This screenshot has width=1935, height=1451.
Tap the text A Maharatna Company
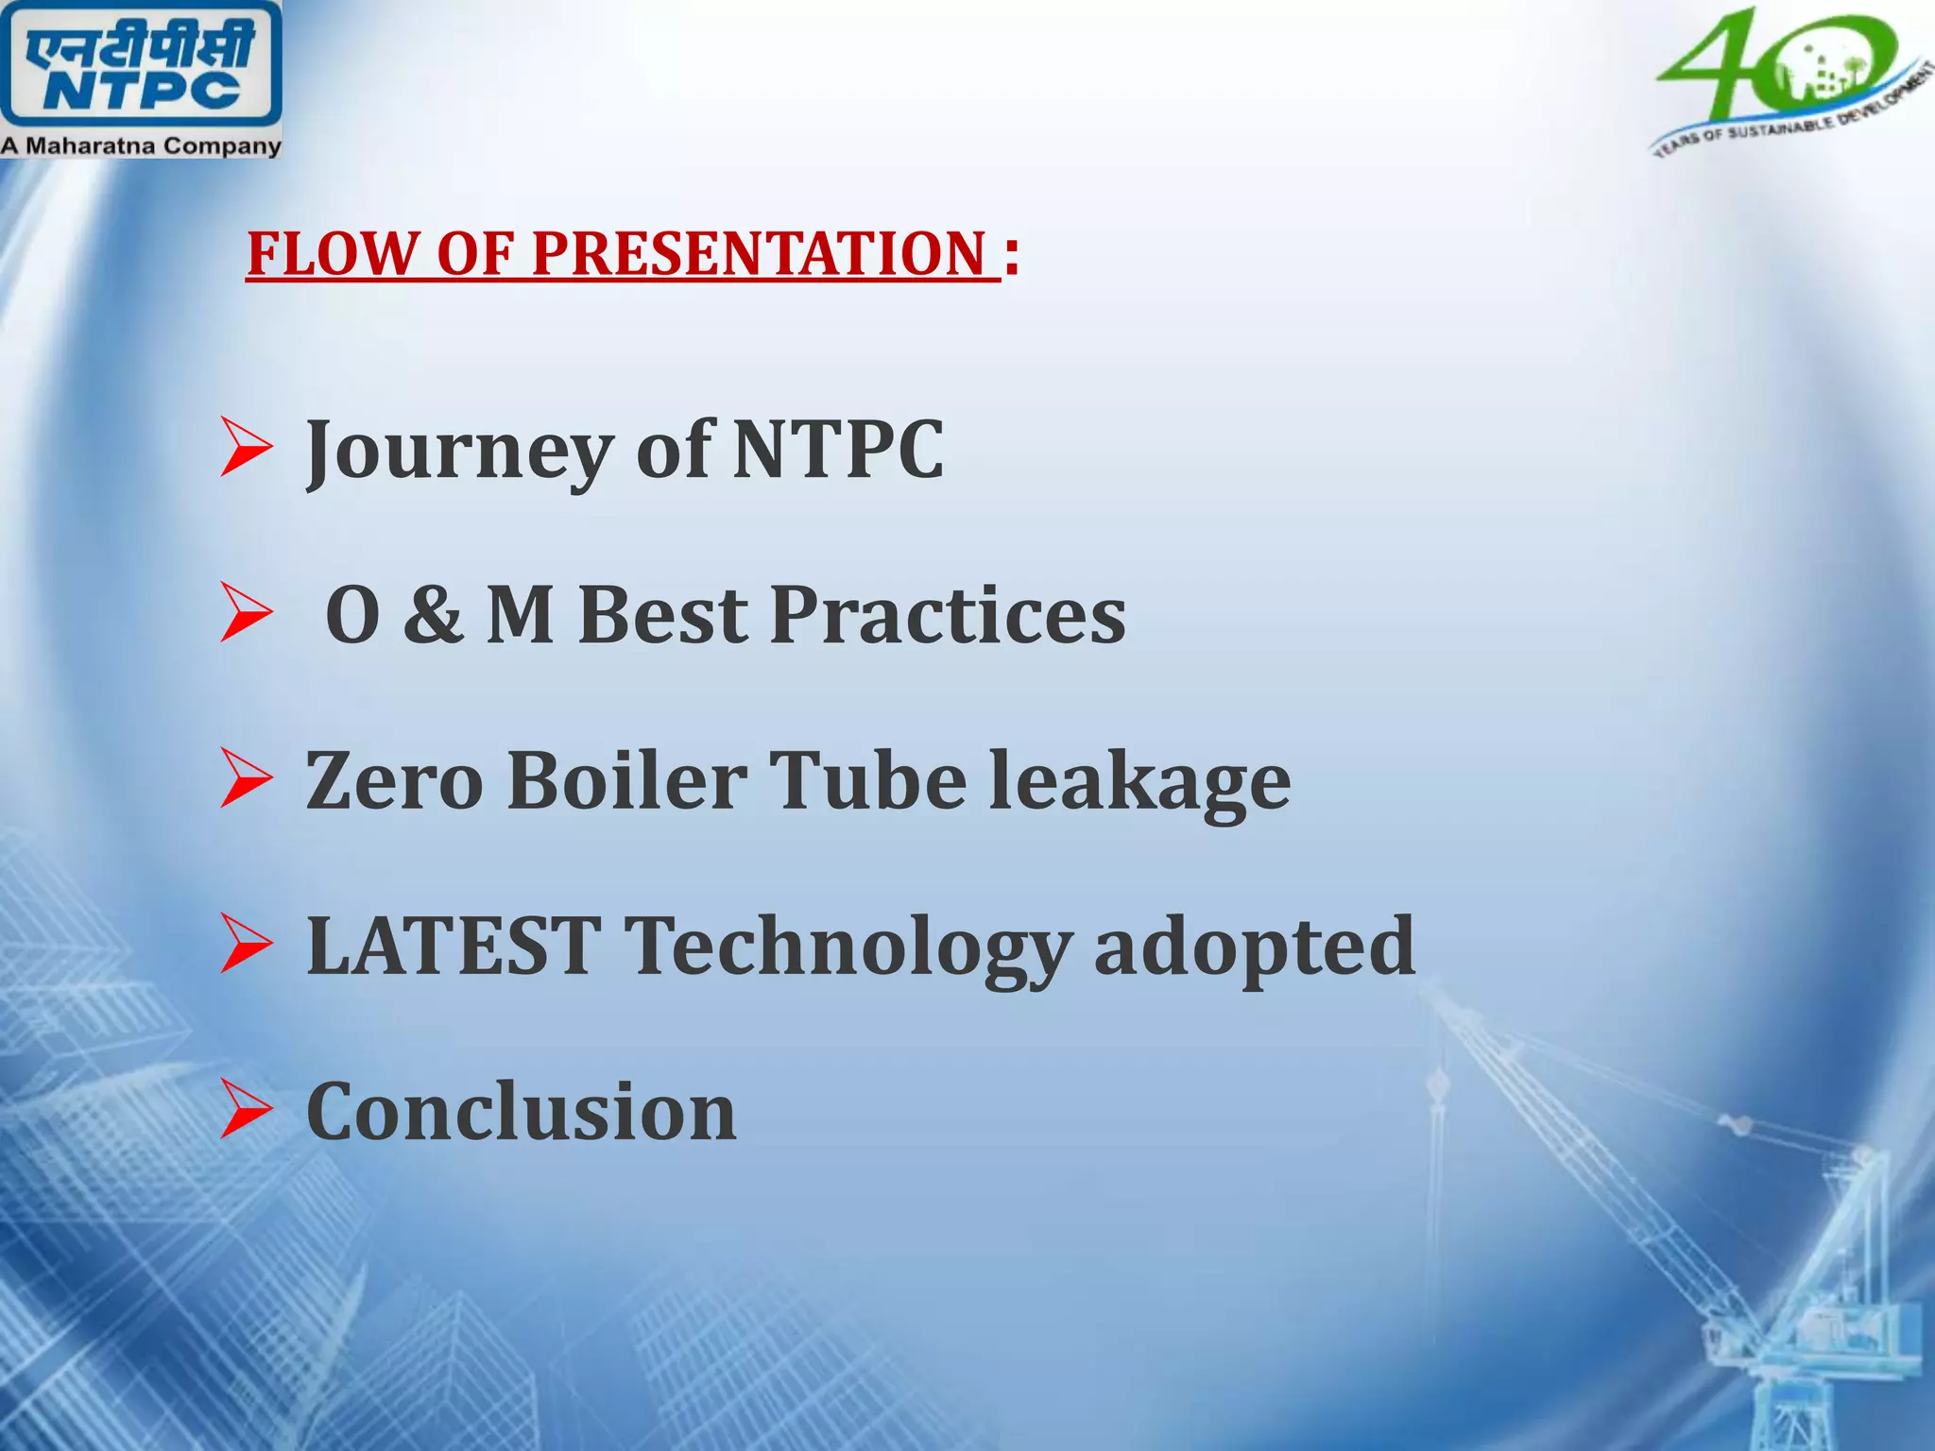(x=140, y=146)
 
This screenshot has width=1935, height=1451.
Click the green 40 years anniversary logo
(x=1786, y=80)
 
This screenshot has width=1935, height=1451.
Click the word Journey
(x=459, y=451)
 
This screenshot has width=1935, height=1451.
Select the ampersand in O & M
(x=433, y=615)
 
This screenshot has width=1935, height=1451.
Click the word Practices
(x=948, y=615)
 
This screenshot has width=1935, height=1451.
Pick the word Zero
(x=394, y=781)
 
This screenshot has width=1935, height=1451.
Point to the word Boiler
(x=626, y=781)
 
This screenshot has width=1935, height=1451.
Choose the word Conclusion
(x=521, y=1112)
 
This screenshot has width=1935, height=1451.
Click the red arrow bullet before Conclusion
(x=246, y=1111)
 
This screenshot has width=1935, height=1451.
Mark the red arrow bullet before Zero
(x=246, y=779)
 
